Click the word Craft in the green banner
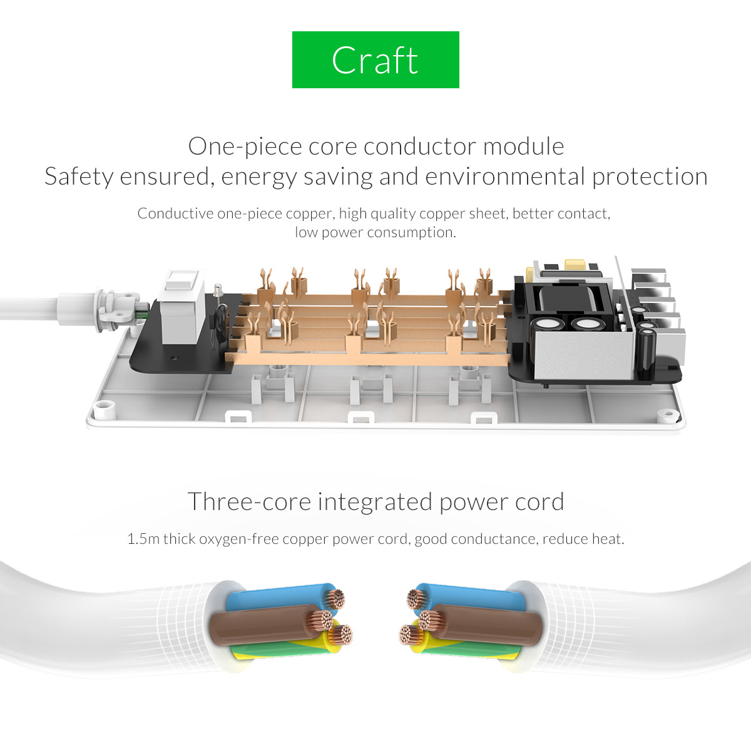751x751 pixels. point(375,60)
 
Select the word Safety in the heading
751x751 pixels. point(79,177)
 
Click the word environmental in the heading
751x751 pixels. point(505,176)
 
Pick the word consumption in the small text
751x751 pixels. point(412,232)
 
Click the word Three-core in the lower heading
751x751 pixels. point(249,501)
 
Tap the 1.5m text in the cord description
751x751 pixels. point(143,539)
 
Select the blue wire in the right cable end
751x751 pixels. point(467,597)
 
